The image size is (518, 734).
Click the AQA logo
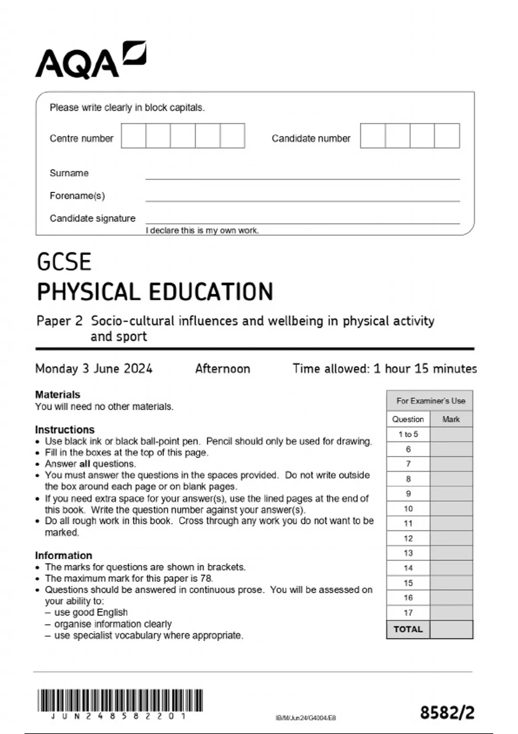[90, 61]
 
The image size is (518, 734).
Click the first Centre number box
[133, 136]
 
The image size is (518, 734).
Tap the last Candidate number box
[447, 136]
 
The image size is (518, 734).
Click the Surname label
[69, 173]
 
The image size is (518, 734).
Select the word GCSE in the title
[64, 262]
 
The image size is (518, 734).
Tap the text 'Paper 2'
[59, 321]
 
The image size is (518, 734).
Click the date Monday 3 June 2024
[94, 369]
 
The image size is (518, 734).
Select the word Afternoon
[222, 369]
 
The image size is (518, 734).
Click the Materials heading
[57, 394]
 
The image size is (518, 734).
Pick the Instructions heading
[64, 430]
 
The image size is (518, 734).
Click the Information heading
[63, 555]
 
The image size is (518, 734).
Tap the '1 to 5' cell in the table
[408, 434]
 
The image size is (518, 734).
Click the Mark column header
[451, 419]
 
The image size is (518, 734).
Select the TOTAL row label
[408, 629]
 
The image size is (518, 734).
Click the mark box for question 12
[451, 538]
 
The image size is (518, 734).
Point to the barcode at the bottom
[120, 700]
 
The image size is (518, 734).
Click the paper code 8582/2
[447, 712]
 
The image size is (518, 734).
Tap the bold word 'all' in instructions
[85, 464]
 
